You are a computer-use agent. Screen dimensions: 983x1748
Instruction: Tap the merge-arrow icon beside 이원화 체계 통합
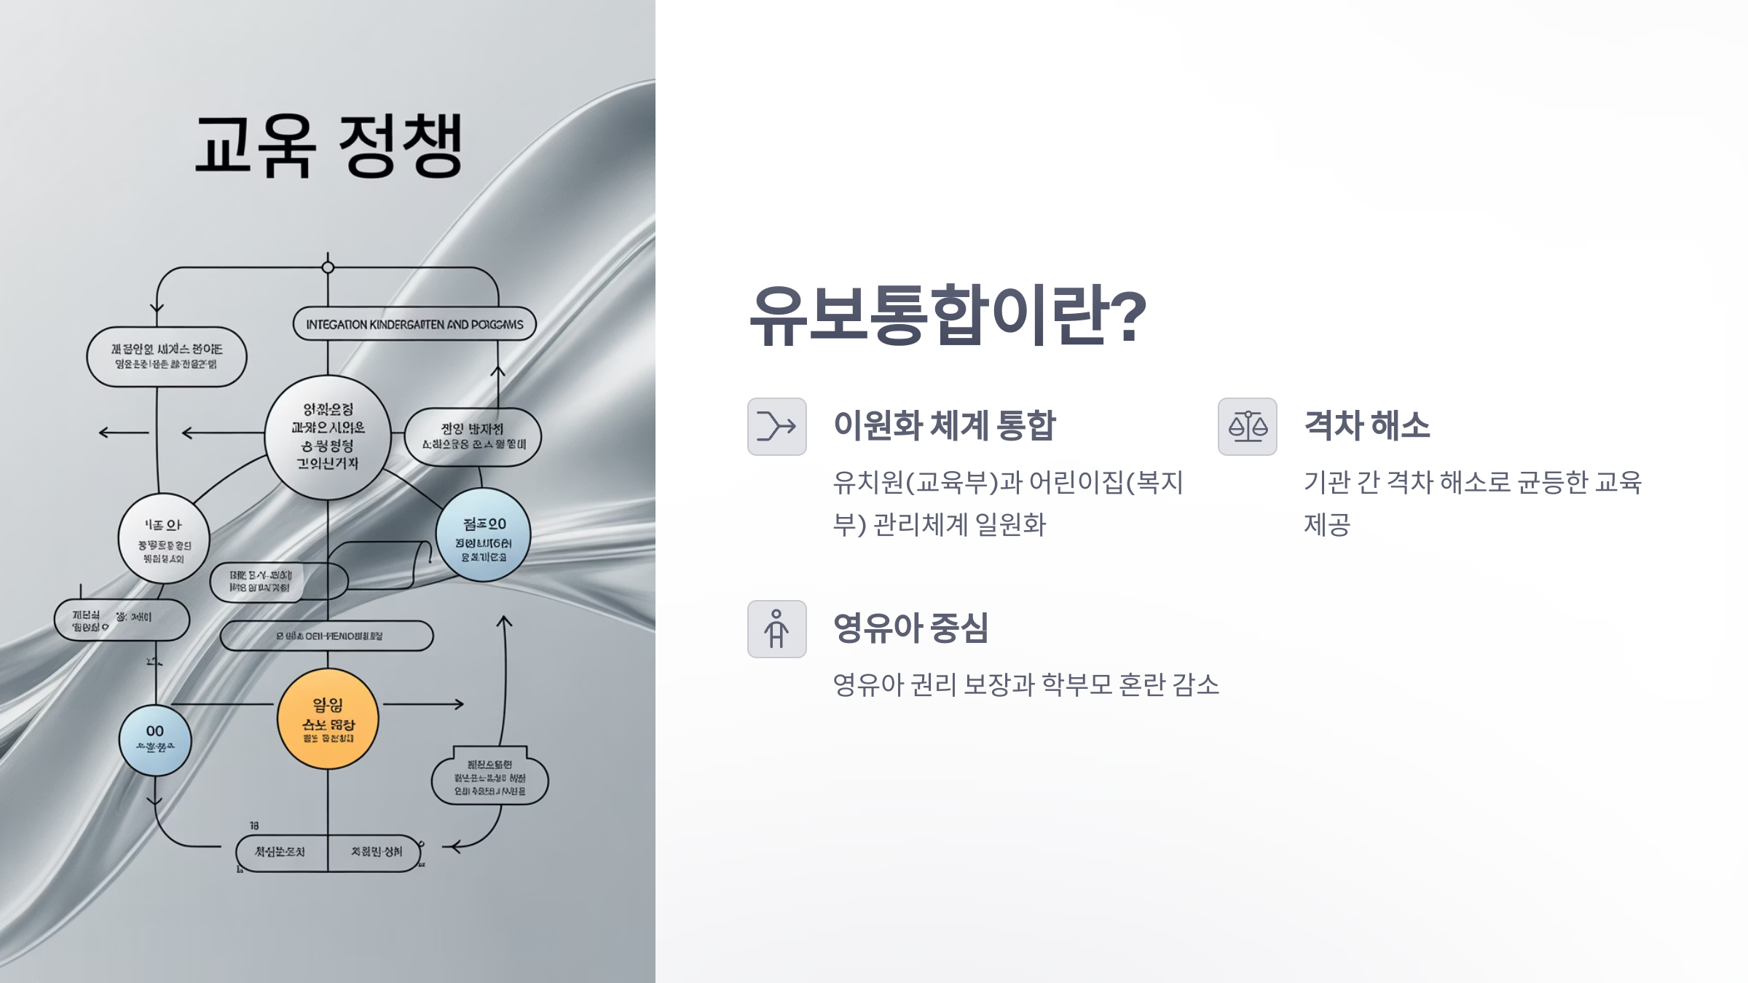click(x=776, y=427)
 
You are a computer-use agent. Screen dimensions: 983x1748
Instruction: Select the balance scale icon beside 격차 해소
click(x=1247, y=427)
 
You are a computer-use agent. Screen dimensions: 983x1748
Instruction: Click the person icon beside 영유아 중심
click(x=776, y=629)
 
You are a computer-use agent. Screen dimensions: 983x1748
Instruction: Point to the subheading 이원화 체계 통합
click(x=944, y=425)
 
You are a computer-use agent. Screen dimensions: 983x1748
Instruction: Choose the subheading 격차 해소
click(x=1366, y=425)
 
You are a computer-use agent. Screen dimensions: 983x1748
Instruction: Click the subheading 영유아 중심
click(x=910, y=628)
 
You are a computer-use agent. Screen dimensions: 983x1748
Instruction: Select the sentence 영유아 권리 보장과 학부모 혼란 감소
click(x=1025, y=684)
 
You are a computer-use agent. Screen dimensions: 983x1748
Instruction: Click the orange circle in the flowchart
click(x=328, y=719)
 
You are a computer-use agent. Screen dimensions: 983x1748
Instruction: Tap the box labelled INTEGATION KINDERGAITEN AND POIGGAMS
click(x=414, y=324)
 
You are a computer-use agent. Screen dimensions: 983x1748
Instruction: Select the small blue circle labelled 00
click(x=154, y=740)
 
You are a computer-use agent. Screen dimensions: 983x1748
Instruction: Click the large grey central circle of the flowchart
click(x=328, y=437)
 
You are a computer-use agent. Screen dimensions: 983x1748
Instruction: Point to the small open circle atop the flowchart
click(x=328, y=267)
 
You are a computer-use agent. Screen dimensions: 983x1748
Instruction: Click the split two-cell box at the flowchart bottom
click(x=328, y=852)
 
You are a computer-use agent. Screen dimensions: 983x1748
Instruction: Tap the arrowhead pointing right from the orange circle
click(x=458, y=704)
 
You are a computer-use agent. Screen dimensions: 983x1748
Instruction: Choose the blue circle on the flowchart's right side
click(x=483, y=535)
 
